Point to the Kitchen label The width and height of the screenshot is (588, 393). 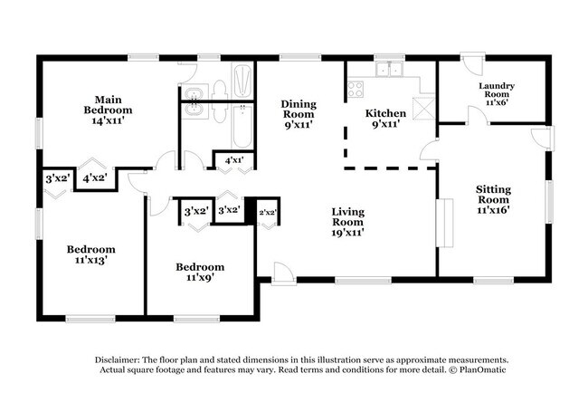386,113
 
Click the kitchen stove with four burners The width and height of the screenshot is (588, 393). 356,90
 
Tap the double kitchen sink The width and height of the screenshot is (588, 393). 391,70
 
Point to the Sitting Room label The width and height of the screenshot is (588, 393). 493,195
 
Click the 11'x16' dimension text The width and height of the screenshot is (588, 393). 493,209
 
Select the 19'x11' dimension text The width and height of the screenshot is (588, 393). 346,232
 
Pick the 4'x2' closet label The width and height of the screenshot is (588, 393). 97,179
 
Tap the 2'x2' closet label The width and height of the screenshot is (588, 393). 267,212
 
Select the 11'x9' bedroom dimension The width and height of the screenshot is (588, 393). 199,280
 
